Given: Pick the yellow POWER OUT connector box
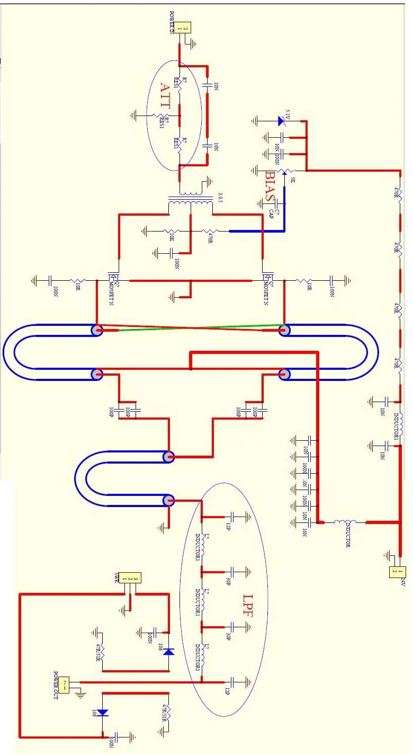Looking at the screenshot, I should click(65, 685).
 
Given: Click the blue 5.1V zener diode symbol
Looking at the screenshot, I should click(281, 121).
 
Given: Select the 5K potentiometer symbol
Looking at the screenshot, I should click(285, 171).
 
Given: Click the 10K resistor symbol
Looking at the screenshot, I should click(172, 231).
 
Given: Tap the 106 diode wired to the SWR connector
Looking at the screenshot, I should click(168, 652).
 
